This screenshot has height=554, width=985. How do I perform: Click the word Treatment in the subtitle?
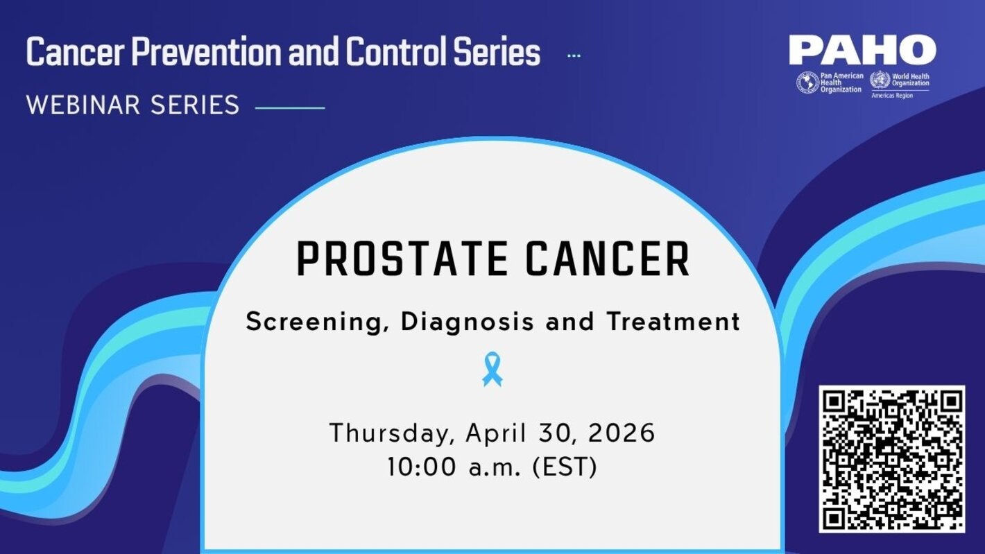pyautogui.click(x=673, y=322)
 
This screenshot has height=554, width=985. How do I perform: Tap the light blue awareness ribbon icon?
pyautogui.click(x=492, y=368)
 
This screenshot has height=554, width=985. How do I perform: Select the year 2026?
pyautogui.click(x=621, y=433)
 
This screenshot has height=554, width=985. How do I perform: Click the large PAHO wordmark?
pyautogui.click(x=862, y=50)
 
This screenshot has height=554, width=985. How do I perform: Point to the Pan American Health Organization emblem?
pyautogui.click(x=807, y=83)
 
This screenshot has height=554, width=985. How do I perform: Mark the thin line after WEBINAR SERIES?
pyautogui.click(x=290, y=107)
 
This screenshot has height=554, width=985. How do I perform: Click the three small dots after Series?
pyautogui.click(x=574, y=55)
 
